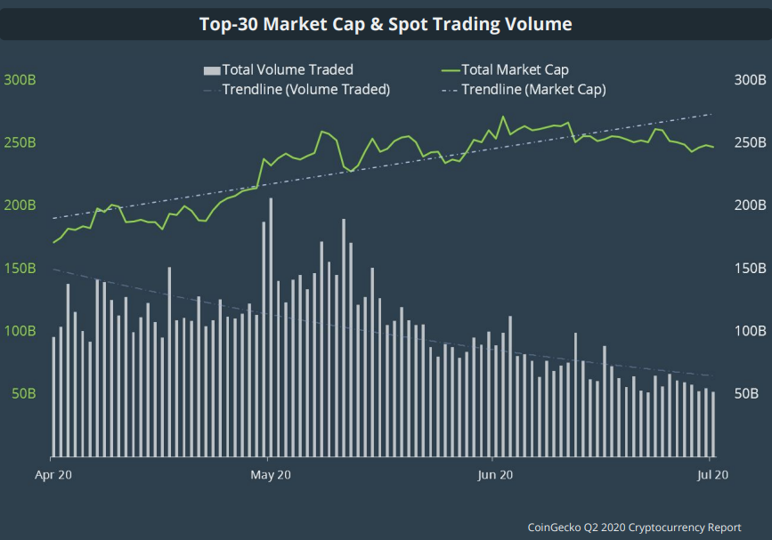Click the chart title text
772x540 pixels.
tap(386, 24)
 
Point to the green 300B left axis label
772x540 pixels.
tap(20, 80)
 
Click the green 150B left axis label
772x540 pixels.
tap(20, 268)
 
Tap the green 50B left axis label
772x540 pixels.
tap(23, 393)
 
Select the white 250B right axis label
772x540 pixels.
tap(750, 142)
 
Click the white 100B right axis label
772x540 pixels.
tap(750, 331)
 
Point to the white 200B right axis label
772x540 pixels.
tap(750, 206)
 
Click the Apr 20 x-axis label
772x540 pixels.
tap(53, 475)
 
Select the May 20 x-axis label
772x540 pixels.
tap(272, 475)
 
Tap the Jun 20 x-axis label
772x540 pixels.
tap(494, 475)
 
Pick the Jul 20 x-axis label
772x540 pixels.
tap(713, 475)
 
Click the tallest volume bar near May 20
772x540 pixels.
tap(271, 320)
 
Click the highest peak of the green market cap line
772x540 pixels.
tap(503, 117)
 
